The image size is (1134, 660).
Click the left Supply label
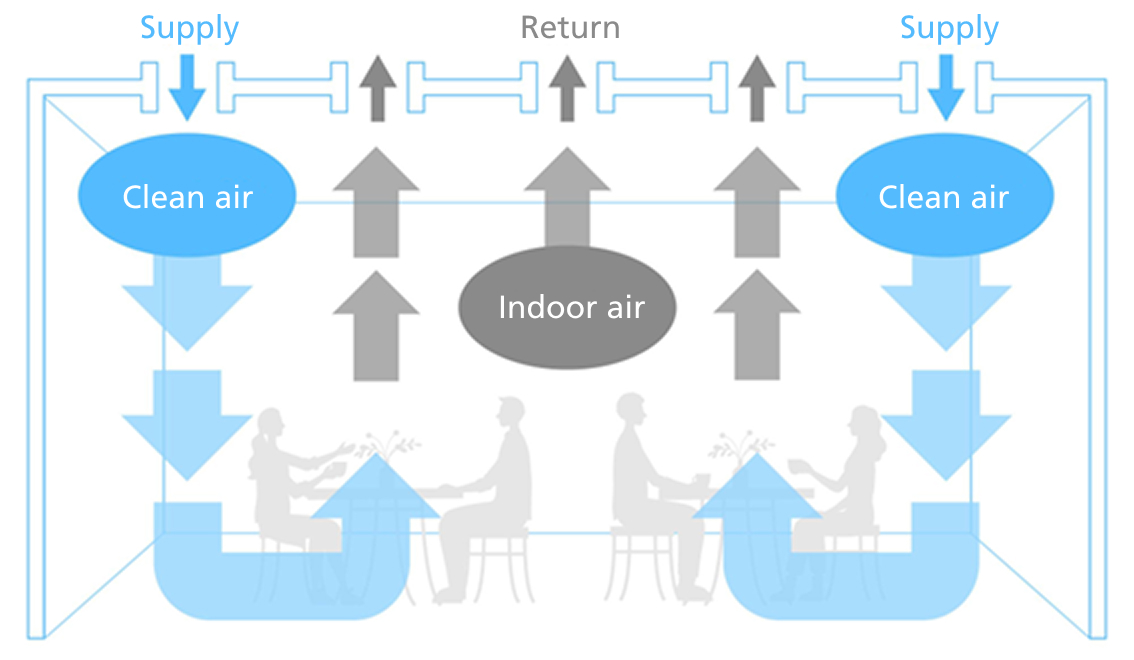click(190, 28)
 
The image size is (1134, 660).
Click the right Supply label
click(949, 28)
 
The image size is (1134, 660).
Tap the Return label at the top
click(570, 27)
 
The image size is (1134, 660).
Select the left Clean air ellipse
click(187, 196)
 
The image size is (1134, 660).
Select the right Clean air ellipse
click(944, 196)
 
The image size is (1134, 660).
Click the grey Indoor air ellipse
click(568, 307)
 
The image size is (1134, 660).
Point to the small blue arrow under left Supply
click(187, 90)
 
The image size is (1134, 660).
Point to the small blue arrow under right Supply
click(946, 90)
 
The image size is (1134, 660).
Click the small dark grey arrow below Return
click(568, 90)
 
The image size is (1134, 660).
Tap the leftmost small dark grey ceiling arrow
click(377, 90)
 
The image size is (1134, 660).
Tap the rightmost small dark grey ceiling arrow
click(757, 90)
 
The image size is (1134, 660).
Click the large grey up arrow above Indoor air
click(567, 195)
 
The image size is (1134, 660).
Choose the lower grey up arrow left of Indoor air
click(376, 325)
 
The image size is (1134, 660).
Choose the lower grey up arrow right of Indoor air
click(757, 325)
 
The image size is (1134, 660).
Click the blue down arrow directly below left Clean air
click(187, 300)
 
